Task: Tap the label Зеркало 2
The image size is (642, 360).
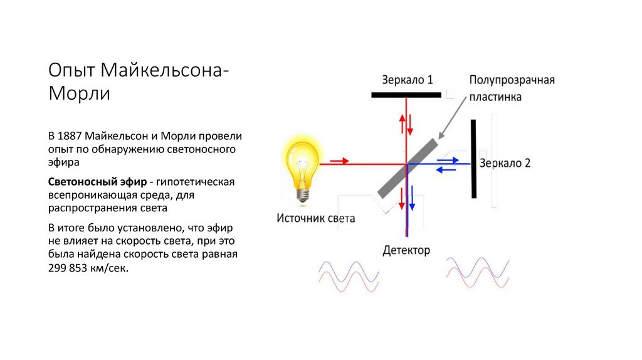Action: [505, 163]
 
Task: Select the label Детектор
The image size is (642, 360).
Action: [406, 251]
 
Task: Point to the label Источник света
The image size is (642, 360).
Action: [316, 219]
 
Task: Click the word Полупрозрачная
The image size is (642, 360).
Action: [512, 80]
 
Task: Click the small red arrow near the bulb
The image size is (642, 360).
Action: [339, 161]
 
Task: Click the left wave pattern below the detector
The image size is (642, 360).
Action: [349, 277]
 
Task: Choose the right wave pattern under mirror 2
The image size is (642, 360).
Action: [476, 272]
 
